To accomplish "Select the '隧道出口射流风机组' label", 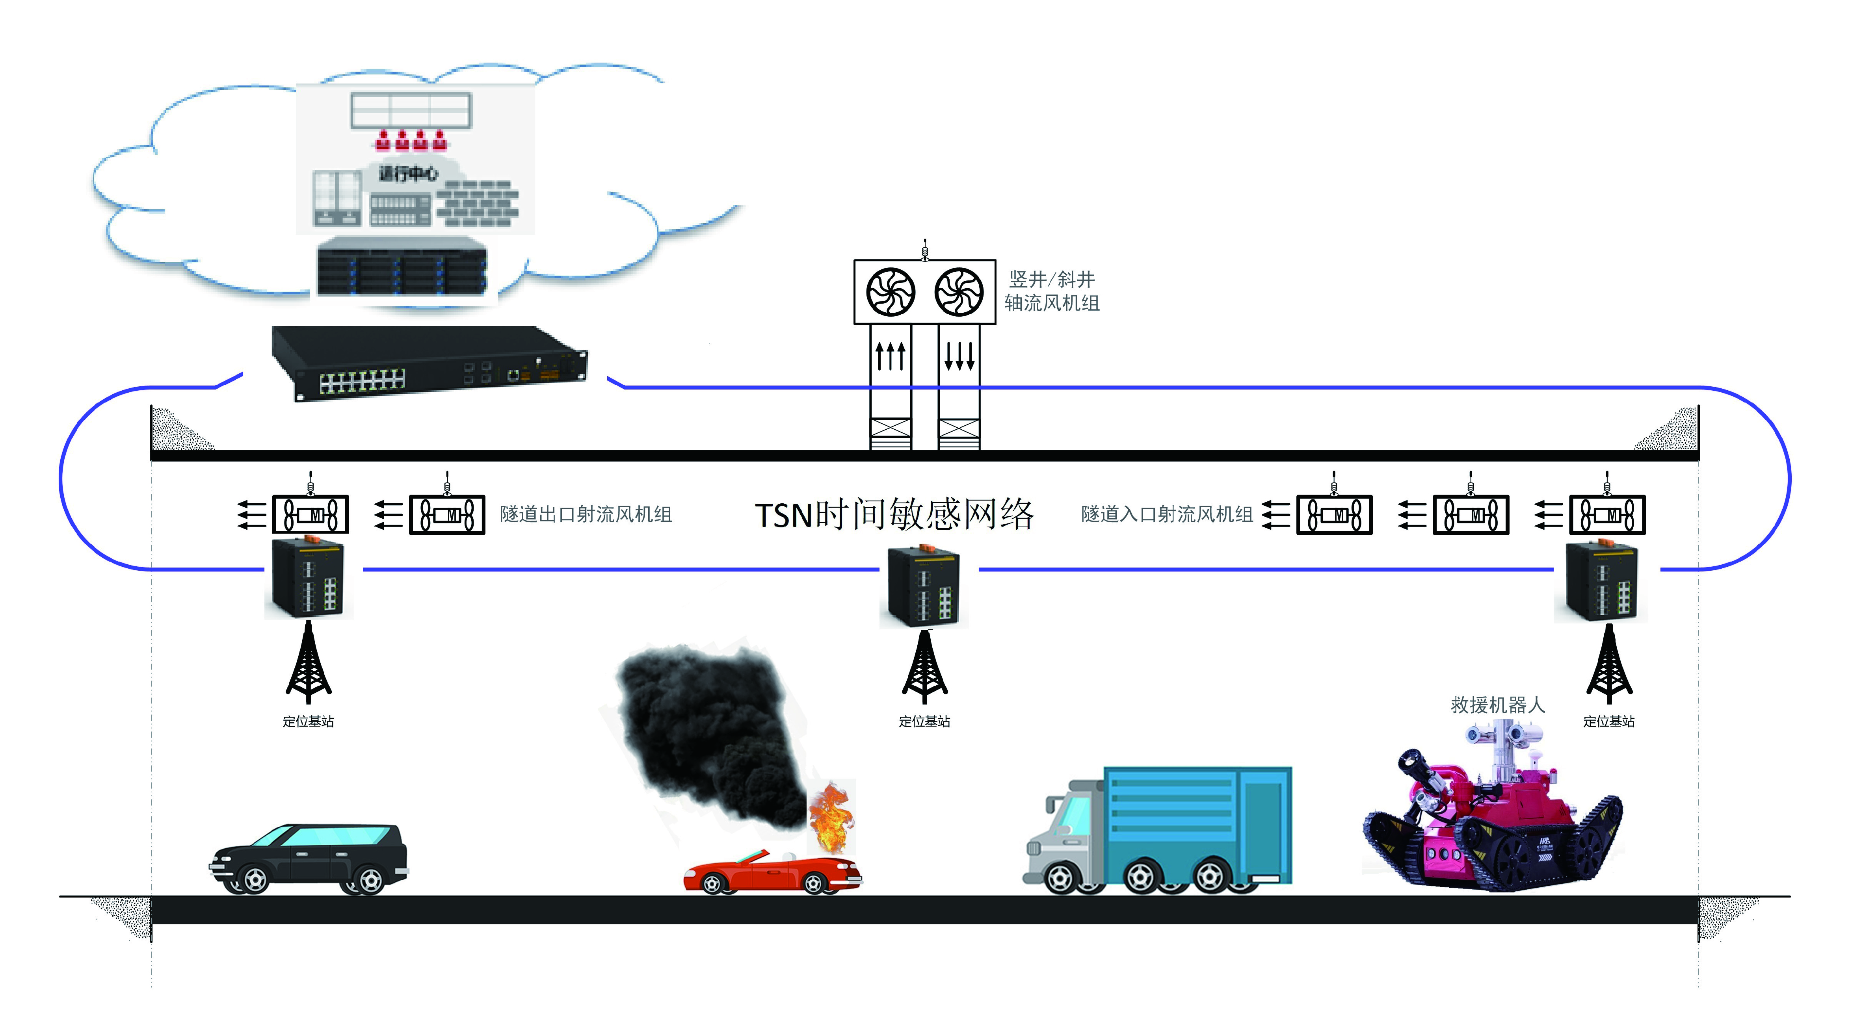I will coord(586,515).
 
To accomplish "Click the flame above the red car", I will coord(832,817).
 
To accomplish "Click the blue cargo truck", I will coord(1158,830).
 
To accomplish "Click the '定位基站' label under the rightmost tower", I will coord(1609,722).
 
